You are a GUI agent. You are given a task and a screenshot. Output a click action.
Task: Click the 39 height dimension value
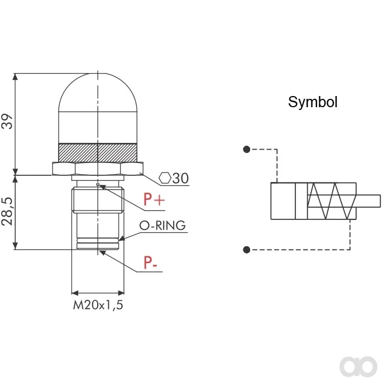click(7, 121)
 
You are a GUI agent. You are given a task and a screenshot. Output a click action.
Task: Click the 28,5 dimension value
click(7, 212)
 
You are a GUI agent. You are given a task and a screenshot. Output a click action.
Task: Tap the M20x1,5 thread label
click(98, 305)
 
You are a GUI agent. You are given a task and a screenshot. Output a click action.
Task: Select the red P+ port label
click(154, 199)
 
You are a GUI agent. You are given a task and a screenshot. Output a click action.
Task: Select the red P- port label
click(150, 262)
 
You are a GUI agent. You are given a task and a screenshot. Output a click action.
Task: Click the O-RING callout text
click(162, 226)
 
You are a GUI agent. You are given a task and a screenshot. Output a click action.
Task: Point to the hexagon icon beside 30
click(165, 178)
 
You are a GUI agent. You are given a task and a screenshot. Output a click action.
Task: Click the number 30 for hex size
click(180, 178)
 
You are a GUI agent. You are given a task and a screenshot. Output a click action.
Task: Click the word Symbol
click(313, 102)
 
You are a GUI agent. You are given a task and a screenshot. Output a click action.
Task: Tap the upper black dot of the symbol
click(247, 149)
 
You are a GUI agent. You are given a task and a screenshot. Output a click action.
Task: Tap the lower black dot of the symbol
click(247, 250)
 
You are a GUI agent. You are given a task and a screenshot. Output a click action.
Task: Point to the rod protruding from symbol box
click(368, 201)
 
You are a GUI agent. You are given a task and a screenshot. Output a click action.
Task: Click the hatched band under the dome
click(98, 152)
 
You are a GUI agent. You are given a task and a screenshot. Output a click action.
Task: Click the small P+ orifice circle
click(98, 184)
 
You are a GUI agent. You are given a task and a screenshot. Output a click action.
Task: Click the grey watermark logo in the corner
click(358, 366)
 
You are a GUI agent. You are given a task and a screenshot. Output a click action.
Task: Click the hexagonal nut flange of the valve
click(98, 169)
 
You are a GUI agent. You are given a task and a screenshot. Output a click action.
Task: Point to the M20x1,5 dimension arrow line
click(98, 293)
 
